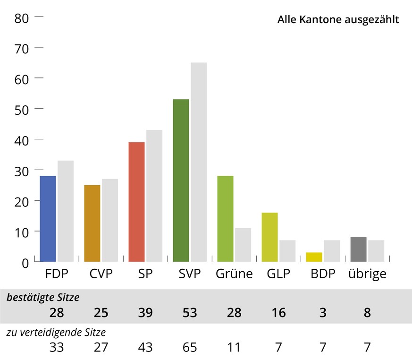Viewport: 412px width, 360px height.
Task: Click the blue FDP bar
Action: coord(48,218)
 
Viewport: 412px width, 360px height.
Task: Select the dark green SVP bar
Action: coord(181,180)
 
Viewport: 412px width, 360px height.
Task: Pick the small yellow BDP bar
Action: coord(314,257)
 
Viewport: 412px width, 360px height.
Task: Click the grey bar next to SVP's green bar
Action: coord(199,162)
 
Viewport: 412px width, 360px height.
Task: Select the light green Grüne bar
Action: coord(225,218)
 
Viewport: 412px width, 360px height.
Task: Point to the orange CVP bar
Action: coord(92,223)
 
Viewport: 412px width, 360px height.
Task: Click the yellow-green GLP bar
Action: coord(269,237)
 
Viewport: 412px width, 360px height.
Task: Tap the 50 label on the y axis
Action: coord(22,109)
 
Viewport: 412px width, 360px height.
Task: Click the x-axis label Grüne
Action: coord(234,274)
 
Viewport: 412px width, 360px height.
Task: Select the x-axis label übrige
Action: coord(367,274)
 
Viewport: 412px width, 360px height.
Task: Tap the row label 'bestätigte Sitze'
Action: coord(43,298)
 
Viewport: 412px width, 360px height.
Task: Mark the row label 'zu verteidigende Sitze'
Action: coord(56,333)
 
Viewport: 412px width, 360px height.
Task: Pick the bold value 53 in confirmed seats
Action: coord(190,313)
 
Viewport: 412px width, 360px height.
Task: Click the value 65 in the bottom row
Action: coord(190,348)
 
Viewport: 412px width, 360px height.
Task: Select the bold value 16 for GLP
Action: coord(278,313)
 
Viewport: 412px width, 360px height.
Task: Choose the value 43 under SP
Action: coord(145,348)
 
